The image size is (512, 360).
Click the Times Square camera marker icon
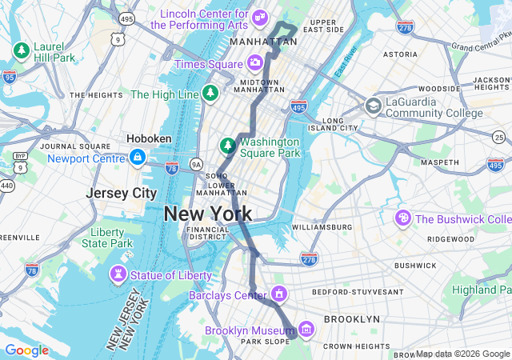click(x=254, y=63)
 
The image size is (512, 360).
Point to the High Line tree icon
click(x=210, y=94)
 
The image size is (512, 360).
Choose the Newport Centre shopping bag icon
click(x=137, y=158)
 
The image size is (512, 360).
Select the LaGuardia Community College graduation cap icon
click(x=374, y=106)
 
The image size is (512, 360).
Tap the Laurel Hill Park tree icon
click(x=21, y=51)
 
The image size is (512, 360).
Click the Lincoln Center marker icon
click(x=259, y=17)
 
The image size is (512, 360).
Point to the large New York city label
click(x=208, y=214)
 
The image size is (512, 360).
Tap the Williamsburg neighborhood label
click(x=322, y=227)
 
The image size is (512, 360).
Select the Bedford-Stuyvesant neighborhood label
click(x=353, y=292)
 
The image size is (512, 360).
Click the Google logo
click(x=26, y=350)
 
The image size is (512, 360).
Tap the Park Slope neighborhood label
click(x=264, y=342)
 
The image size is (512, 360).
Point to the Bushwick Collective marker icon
click(x=403, y=218)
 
